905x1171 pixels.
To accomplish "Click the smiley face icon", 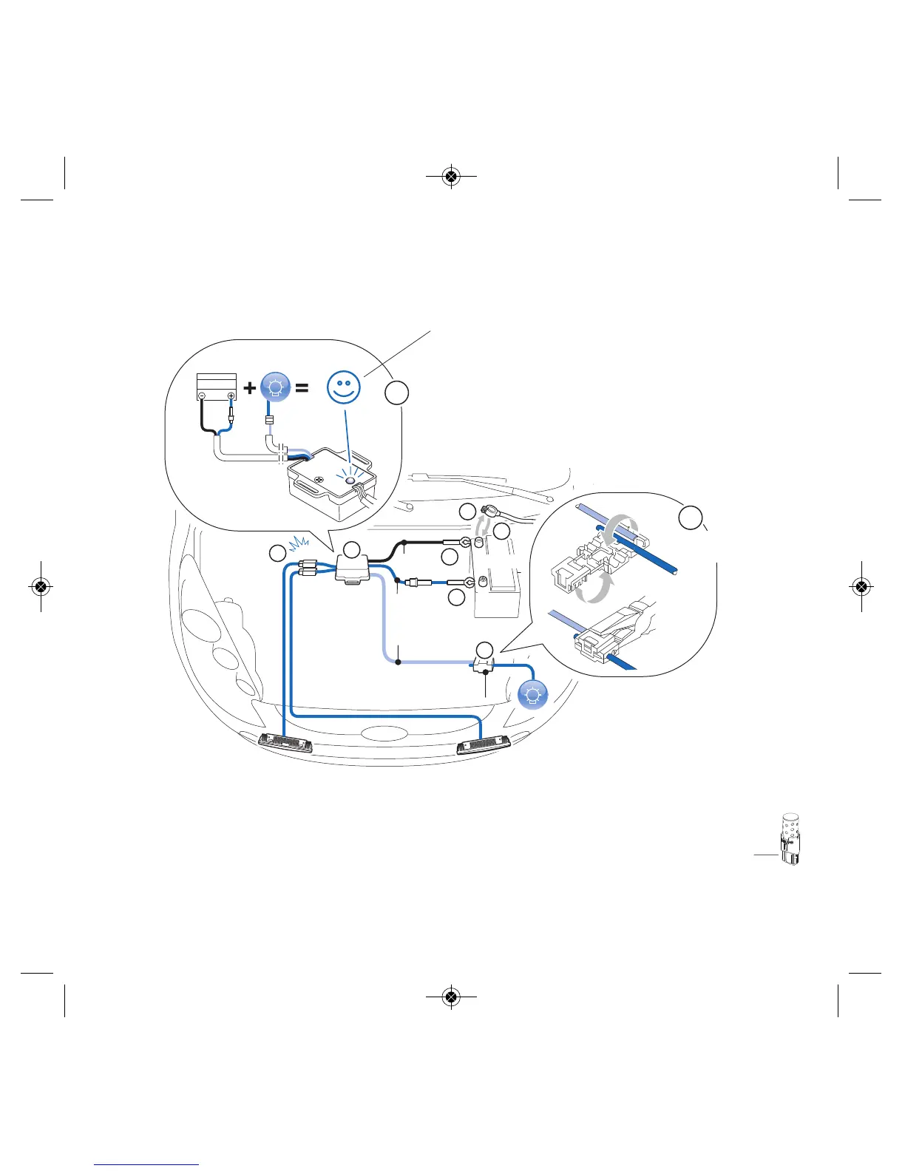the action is [345, 387].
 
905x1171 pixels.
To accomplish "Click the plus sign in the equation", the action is [250, 387].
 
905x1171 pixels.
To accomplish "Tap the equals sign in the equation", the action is [302, 387].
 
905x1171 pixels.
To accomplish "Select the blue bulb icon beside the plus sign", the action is [276, 387].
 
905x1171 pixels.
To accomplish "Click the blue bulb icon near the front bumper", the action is [532, 694].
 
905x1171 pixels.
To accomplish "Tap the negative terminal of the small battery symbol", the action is [202, 396].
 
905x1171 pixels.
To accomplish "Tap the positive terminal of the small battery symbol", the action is [231, 396].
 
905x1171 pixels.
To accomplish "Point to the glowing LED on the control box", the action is [350, 481].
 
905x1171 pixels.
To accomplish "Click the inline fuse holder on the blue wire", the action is [412, 582].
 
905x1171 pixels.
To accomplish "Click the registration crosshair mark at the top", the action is [451, 177].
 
